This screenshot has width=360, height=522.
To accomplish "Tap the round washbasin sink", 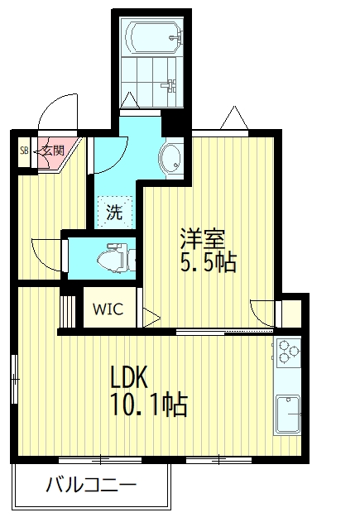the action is pos(171,158).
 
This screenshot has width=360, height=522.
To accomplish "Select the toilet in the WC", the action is pos(113,258).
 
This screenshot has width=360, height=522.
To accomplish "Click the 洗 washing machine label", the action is pos(114,212).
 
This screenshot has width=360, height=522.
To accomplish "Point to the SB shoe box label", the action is pos(24,151).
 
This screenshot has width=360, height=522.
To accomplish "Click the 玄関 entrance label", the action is pos(53,151).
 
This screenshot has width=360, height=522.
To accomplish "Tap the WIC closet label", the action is pos(108,309).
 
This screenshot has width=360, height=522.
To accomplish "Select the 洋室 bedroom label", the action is pos(203,238).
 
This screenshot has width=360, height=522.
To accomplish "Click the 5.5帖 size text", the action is pos(209,261).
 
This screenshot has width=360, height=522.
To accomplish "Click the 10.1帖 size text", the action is pos(149,405).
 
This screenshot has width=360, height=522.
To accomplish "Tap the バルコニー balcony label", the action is pos(91,485).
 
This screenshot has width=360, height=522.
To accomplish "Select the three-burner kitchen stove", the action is pos(288,352).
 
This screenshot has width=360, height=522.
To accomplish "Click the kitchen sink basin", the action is pos(288,413).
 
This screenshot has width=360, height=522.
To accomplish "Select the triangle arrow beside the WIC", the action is pos(151,318).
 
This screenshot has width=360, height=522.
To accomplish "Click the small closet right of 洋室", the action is pos(291,314).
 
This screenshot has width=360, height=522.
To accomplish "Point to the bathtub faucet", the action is pos(175,36).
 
